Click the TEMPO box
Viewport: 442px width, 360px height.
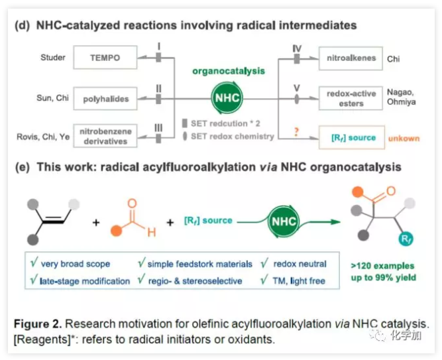(x=105, y=58)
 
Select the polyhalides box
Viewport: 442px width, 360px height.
(x=105, y=99)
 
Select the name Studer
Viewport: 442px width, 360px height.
(x=53, y=58)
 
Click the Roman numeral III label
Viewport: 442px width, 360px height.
(x=158, y=126)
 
